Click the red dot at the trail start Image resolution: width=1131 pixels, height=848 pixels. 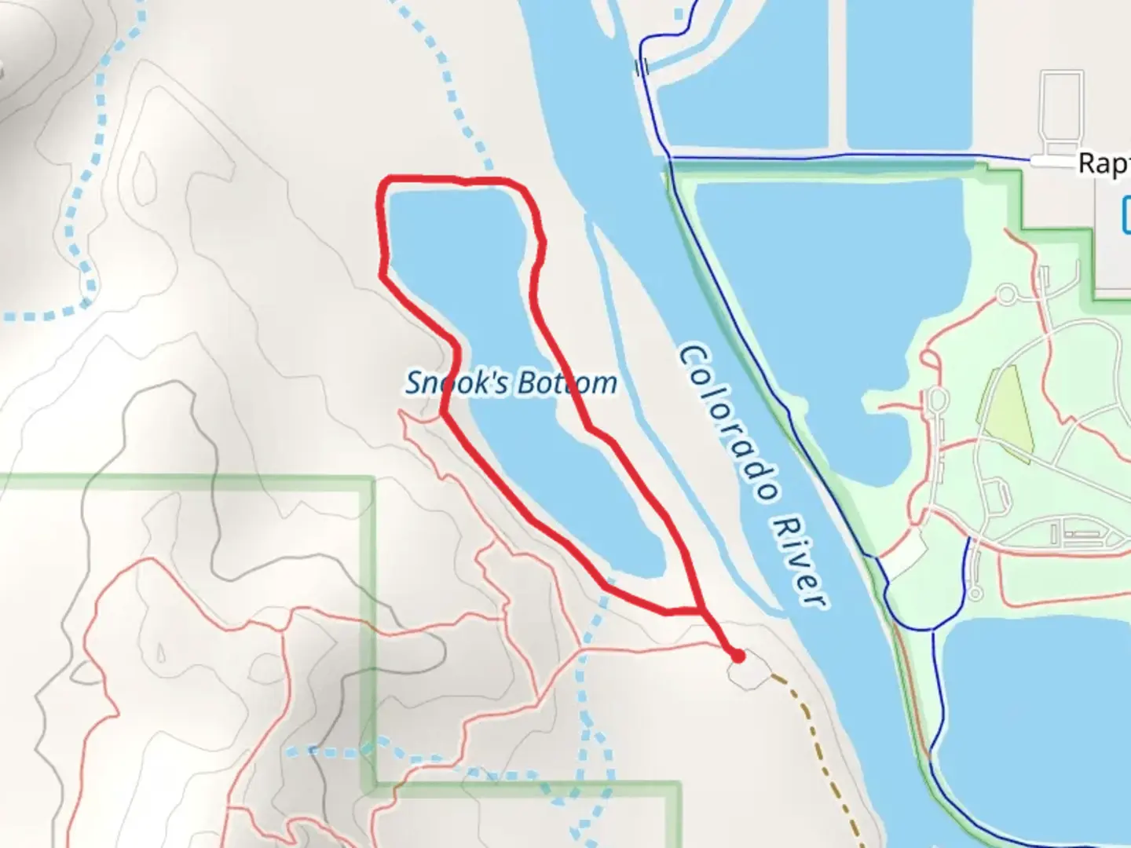[737, 656]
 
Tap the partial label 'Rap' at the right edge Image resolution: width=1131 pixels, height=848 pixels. [1104, 163]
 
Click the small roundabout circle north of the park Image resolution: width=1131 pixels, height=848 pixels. [1006, 295]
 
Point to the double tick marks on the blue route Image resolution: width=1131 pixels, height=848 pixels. [642, 67]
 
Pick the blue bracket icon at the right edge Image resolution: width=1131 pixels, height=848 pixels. [1126, 214]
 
